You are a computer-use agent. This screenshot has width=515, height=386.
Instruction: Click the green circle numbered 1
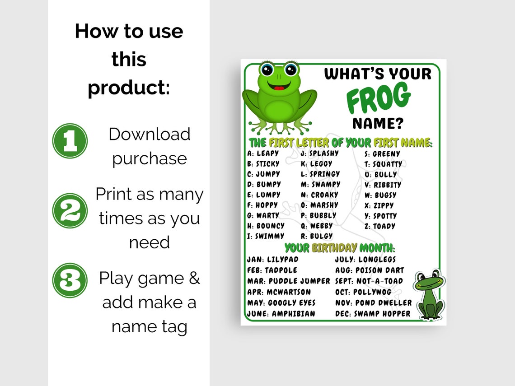point(70,141)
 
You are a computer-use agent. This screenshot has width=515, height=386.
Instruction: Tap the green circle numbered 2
point(70,210)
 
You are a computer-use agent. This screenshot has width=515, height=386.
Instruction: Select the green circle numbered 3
point(70,280)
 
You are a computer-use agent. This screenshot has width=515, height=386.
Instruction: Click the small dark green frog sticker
point(430,294)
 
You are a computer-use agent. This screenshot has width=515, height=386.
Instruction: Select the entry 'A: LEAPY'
point(263,153)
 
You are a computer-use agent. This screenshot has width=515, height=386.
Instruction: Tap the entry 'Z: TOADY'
point(380,226)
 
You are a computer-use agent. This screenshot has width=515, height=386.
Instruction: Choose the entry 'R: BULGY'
point(317,236)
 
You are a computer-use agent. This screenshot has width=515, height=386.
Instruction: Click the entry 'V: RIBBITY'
point(383,185)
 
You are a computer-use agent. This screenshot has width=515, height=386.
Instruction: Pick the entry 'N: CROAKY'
point(319,195)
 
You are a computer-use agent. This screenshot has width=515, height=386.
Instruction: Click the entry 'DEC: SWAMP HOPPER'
point(373,314)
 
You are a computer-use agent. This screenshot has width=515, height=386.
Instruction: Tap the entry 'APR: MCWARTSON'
point(279,292)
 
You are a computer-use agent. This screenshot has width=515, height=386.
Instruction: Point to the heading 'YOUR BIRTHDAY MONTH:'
point(340,248)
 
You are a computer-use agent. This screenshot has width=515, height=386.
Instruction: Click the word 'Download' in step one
point(150,134)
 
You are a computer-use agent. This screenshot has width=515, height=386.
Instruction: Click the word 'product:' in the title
point(129,88)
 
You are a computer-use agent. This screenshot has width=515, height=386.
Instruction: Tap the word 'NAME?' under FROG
point(378,123)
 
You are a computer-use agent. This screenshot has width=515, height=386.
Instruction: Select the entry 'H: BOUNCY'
point(266,226)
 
